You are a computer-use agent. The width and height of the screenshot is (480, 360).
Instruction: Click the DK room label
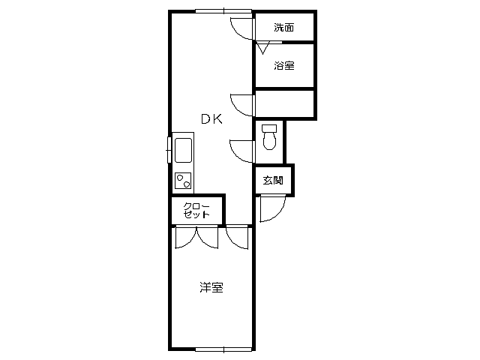pyautogui.click(x=211, y=118)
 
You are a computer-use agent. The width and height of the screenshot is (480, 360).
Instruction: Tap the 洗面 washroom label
pyautogui.click(x=283, y=28)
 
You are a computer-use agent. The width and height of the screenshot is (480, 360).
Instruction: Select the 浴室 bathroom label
pyautogui.click(x=284, y=65)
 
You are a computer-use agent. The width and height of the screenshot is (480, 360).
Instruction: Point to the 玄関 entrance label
pyautogui.click(x=273, y=180)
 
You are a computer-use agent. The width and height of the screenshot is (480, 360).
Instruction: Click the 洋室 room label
pyautogui.click(x=211, y=287)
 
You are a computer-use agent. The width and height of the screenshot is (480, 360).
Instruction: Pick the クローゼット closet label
pyautogui.click(x=196, y=210)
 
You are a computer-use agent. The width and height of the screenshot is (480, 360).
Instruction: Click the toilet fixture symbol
pyautogui.click(x=269, y=136)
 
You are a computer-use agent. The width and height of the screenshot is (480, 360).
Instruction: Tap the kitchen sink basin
pyautogui.click(x=183, y=150)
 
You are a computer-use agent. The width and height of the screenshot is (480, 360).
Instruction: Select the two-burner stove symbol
pyautogui.click(x=183, y=181)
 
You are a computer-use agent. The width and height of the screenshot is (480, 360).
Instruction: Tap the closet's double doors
pyautogui.click(x=196, y=237)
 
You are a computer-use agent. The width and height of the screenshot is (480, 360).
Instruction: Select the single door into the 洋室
pyautogui.click(x=237, y=238)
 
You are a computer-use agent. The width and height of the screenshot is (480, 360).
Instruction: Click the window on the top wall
pyautogui.click(x=223, y=11)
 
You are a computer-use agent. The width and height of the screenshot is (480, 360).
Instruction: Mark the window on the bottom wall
pyautogui.click(x=223, y=349)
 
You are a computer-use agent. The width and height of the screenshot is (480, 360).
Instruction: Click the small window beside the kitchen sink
pyautogui.click(x=169, y=150)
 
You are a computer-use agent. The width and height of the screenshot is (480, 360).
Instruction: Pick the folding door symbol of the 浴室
pyautogui.click(x=262, y=47)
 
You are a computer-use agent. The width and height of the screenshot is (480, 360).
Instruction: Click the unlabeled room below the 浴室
pyautogui.click(x=285, y=103)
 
